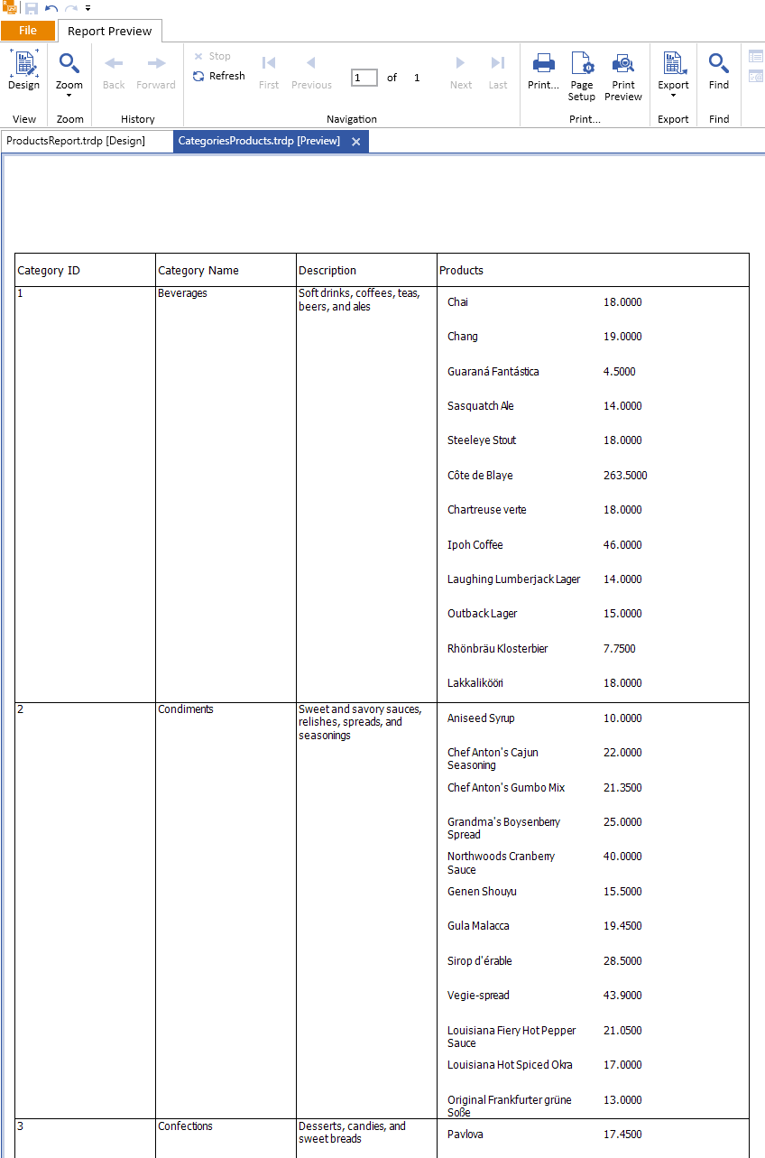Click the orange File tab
pos(28,31)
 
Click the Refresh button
pos(218,76)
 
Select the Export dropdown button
pos(673,76)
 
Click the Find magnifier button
pos(718,71)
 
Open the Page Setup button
pos(582,76)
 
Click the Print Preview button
pos(623,76)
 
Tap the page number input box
pos(364,78)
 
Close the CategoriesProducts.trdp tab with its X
pos(356,142)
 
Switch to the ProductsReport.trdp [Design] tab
pos(76,141)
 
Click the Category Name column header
pos(198,271)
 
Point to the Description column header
pos(327,271)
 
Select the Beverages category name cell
pos(182,293)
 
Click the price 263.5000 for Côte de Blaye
pos(625,476)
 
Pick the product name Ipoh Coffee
pos(475,545)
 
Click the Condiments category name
pos(186,709)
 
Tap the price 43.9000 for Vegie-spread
pos(622,996)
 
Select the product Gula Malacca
pos(478,926)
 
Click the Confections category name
pos(186,1126)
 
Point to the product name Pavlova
pos(465,1135)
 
